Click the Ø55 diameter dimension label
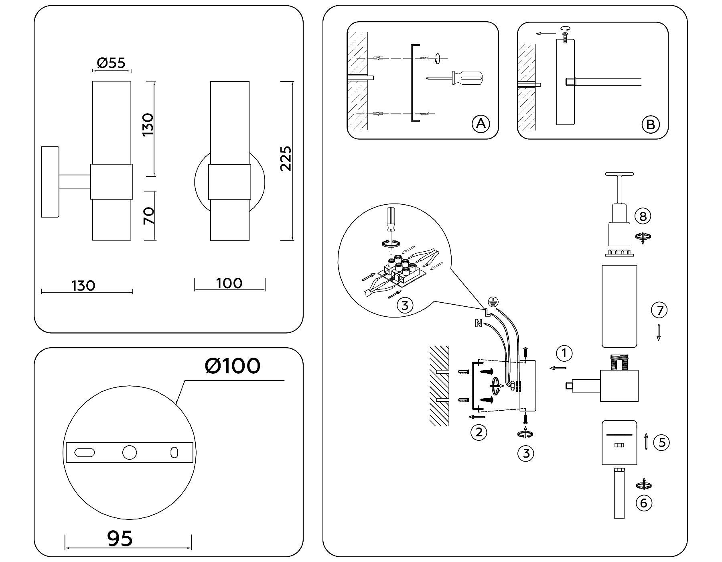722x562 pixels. (111, 63)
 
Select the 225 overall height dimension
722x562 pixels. (286, 159)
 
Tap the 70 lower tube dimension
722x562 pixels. (149, 216)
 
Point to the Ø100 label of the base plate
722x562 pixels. (232, 366)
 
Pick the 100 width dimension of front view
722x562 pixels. (229, 283)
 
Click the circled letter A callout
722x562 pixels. (481, 124)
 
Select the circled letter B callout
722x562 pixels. (650, 124)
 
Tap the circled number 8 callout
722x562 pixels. (643, 216)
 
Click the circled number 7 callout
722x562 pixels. (659, 310)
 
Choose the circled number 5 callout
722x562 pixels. (661, 442)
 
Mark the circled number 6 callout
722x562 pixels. (644, 503)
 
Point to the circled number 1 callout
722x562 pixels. (564, 353)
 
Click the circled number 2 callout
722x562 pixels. (479, 432)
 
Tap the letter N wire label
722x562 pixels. (478, 323)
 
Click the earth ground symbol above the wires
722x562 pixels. (492, 302)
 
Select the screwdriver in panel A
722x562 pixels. (457, 78)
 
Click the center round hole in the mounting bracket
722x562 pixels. (129, 452)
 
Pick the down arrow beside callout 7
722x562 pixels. (658, 333)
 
